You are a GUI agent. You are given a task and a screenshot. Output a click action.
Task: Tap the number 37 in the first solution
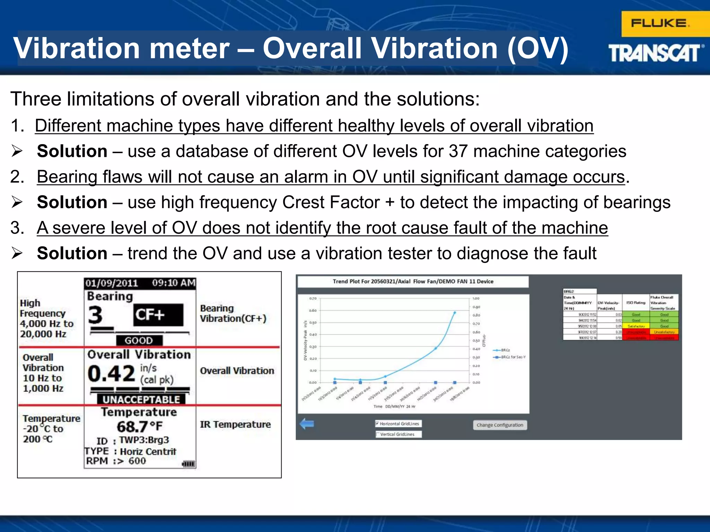458,151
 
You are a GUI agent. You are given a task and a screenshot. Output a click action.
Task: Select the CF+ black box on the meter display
158,315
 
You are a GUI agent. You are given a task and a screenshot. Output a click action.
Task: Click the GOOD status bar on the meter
139,340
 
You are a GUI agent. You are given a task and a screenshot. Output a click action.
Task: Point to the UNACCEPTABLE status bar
141,399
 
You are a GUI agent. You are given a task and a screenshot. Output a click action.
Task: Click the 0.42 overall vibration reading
111,374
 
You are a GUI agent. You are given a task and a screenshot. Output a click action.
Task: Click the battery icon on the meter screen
189,464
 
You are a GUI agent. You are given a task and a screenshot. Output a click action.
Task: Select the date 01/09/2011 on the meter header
112,283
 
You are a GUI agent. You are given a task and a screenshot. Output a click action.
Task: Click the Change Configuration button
500,425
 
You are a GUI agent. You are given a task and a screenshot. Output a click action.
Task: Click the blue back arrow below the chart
307,424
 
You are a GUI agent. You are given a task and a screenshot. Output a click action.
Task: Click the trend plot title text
413,281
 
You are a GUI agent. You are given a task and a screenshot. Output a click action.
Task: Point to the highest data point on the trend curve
454,312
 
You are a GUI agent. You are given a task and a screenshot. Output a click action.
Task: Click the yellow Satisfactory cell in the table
636,326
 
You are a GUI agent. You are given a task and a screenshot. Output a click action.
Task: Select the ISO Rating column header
636,303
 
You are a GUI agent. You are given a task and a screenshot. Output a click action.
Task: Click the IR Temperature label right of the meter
235,424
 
